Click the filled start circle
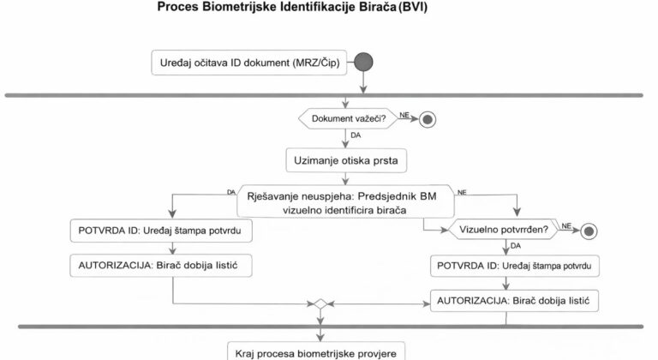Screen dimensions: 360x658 [365, 63]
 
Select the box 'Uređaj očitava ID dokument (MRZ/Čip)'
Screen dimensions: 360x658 [248, 63]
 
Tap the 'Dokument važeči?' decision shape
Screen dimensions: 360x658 [347, 118]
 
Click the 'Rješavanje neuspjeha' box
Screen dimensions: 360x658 [341, 201]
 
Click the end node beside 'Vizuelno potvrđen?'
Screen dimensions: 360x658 [589, 231]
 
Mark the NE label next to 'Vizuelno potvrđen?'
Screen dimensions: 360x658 [566, 225]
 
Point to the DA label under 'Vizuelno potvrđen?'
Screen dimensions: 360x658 [515, 246]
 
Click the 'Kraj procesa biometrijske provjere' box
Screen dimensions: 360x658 [320, 351]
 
